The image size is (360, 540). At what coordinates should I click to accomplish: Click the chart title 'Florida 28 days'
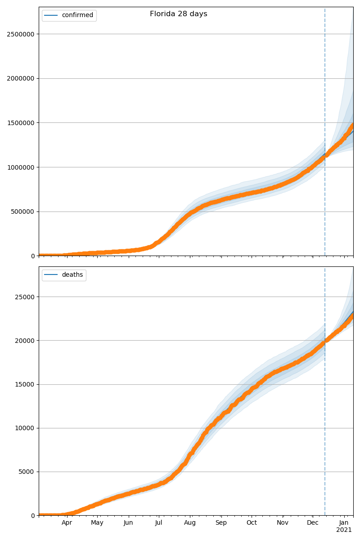pos(178,14)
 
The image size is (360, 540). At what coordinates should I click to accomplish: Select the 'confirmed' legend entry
pos(77,15)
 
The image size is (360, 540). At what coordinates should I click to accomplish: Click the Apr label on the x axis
pos(67,523)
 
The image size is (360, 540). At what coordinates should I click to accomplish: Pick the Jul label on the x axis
pos(158,523)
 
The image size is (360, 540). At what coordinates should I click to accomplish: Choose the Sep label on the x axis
pos(221,523)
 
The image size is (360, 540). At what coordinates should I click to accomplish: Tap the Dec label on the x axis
pos(313,523)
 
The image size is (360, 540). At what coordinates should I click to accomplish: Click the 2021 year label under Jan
pos(344,530)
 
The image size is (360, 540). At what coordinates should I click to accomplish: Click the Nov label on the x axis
pos(283,523)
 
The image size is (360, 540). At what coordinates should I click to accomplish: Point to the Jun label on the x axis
pos(128,523)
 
